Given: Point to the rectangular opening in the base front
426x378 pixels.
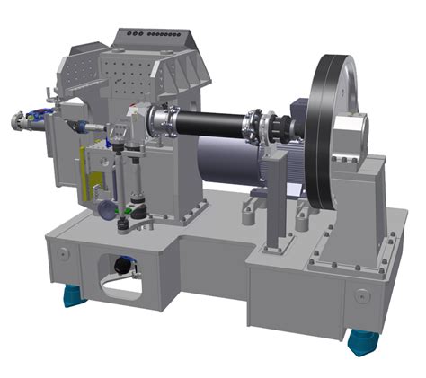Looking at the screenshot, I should coord(113,273).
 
